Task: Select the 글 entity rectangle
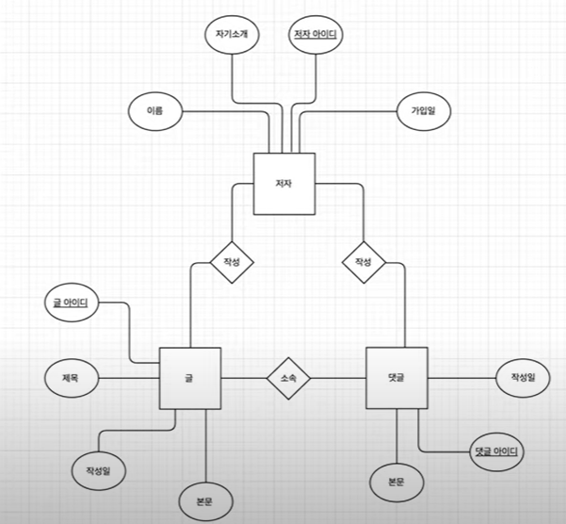pos(189,378)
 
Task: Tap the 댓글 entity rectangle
pos(396,378)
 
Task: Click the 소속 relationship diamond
pos(287,378)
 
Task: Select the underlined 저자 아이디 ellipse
pos(315,36)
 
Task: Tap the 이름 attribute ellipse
pos(154,111)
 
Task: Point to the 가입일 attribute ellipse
pos(423,111)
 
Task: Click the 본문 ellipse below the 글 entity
pos(205,501)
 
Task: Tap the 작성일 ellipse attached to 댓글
pos(523,378)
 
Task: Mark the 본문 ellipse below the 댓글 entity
pos(396,482)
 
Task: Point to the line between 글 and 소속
pos(243,378)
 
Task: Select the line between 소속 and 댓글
pos(336,378)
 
